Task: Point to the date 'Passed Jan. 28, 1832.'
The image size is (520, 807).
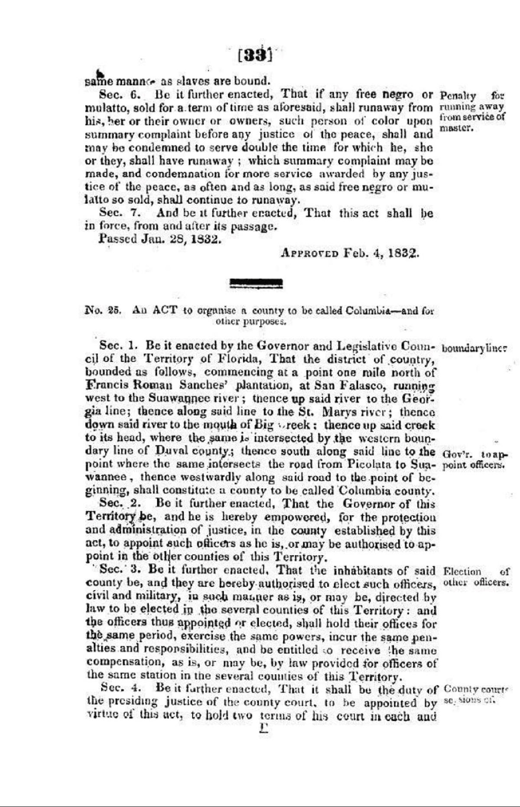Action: (x=160, y=239)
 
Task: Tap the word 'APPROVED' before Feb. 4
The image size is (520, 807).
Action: (x=309, y=253)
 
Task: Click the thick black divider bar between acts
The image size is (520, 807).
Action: (x=256, y=284)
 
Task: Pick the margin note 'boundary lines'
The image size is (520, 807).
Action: (x=474, y=349)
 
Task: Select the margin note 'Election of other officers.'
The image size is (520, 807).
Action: (x=476, y=577)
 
